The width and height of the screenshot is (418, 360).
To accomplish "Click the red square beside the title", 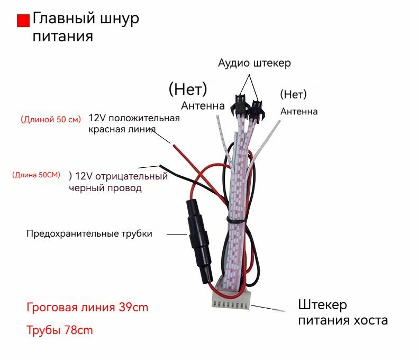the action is pyautogui.click(x=23, y=21).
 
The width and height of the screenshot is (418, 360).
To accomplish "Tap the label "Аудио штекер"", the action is pyautogui.click(x=255, y=63).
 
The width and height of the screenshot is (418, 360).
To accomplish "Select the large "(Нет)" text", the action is pyautogui.click(x=188, y=88).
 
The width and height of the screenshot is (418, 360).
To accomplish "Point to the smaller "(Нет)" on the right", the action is pyautogui.click(x=293, y=94).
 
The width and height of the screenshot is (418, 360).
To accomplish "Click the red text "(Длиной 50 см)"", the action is pyautogui.click(x=51, y=119).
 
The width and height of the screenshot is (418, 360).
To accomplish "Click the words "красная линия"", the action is pyautogui.click(x=122, y=129).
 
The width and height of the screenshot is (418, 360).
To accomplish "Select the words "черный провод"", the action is pyautogui.click(x=105, y=188).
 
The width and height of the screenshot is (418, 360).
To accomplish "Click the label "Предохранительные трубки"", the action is pyautogui.click(x=89, y=233).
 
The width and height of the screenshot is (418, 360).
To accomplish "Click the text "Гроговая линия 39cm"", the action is pyautogui.click(x=87, y=308).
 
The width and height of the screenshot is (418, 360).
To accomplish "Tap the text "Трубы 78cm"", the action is pyautogui.click(x=60, y=330).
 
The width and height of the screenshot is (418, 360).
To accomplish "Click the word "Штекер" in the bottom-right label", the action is pyautogui.click(x=323, y=305).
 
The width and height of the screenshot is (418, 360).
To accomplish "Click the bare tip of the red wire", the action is pyautogui.click(x=171, y=143).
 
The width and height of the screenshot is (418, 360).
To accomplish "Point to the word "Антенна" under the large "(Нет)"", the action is pyautogui.click(x=203, y=106).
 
